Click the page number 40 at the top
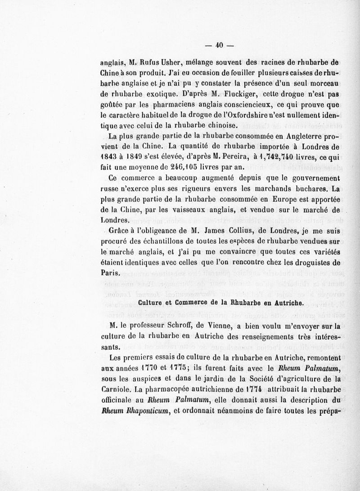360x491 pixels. coord(220,44)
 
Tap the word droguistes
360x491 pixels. coord(310,263)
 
